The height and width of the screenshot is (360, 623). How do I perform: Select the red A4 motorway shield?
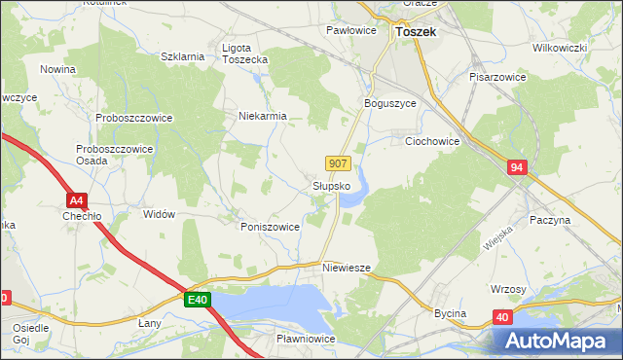79,201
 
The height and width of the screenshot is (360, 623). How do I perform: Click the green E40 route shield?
198,301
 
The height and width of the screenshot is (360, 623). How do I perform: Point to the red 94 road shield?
517,168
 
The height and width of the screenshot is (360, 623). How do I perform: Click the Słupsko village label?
331,185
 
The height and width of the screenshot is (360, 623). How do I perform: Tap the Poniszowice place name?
270,226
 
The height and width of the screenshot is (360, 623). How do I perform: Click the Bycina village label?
450,313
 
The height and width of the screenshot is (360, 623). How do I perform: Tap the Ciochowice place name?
432,141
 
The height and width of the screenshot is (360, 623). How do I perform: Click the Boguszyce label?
389,103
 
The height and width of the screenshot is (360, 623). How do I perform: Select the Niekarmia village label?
263,116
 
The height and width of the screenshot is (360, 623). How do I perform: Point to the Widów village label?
159,214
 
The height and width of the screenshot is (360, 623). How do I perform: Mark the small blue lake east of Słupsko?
356,190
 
